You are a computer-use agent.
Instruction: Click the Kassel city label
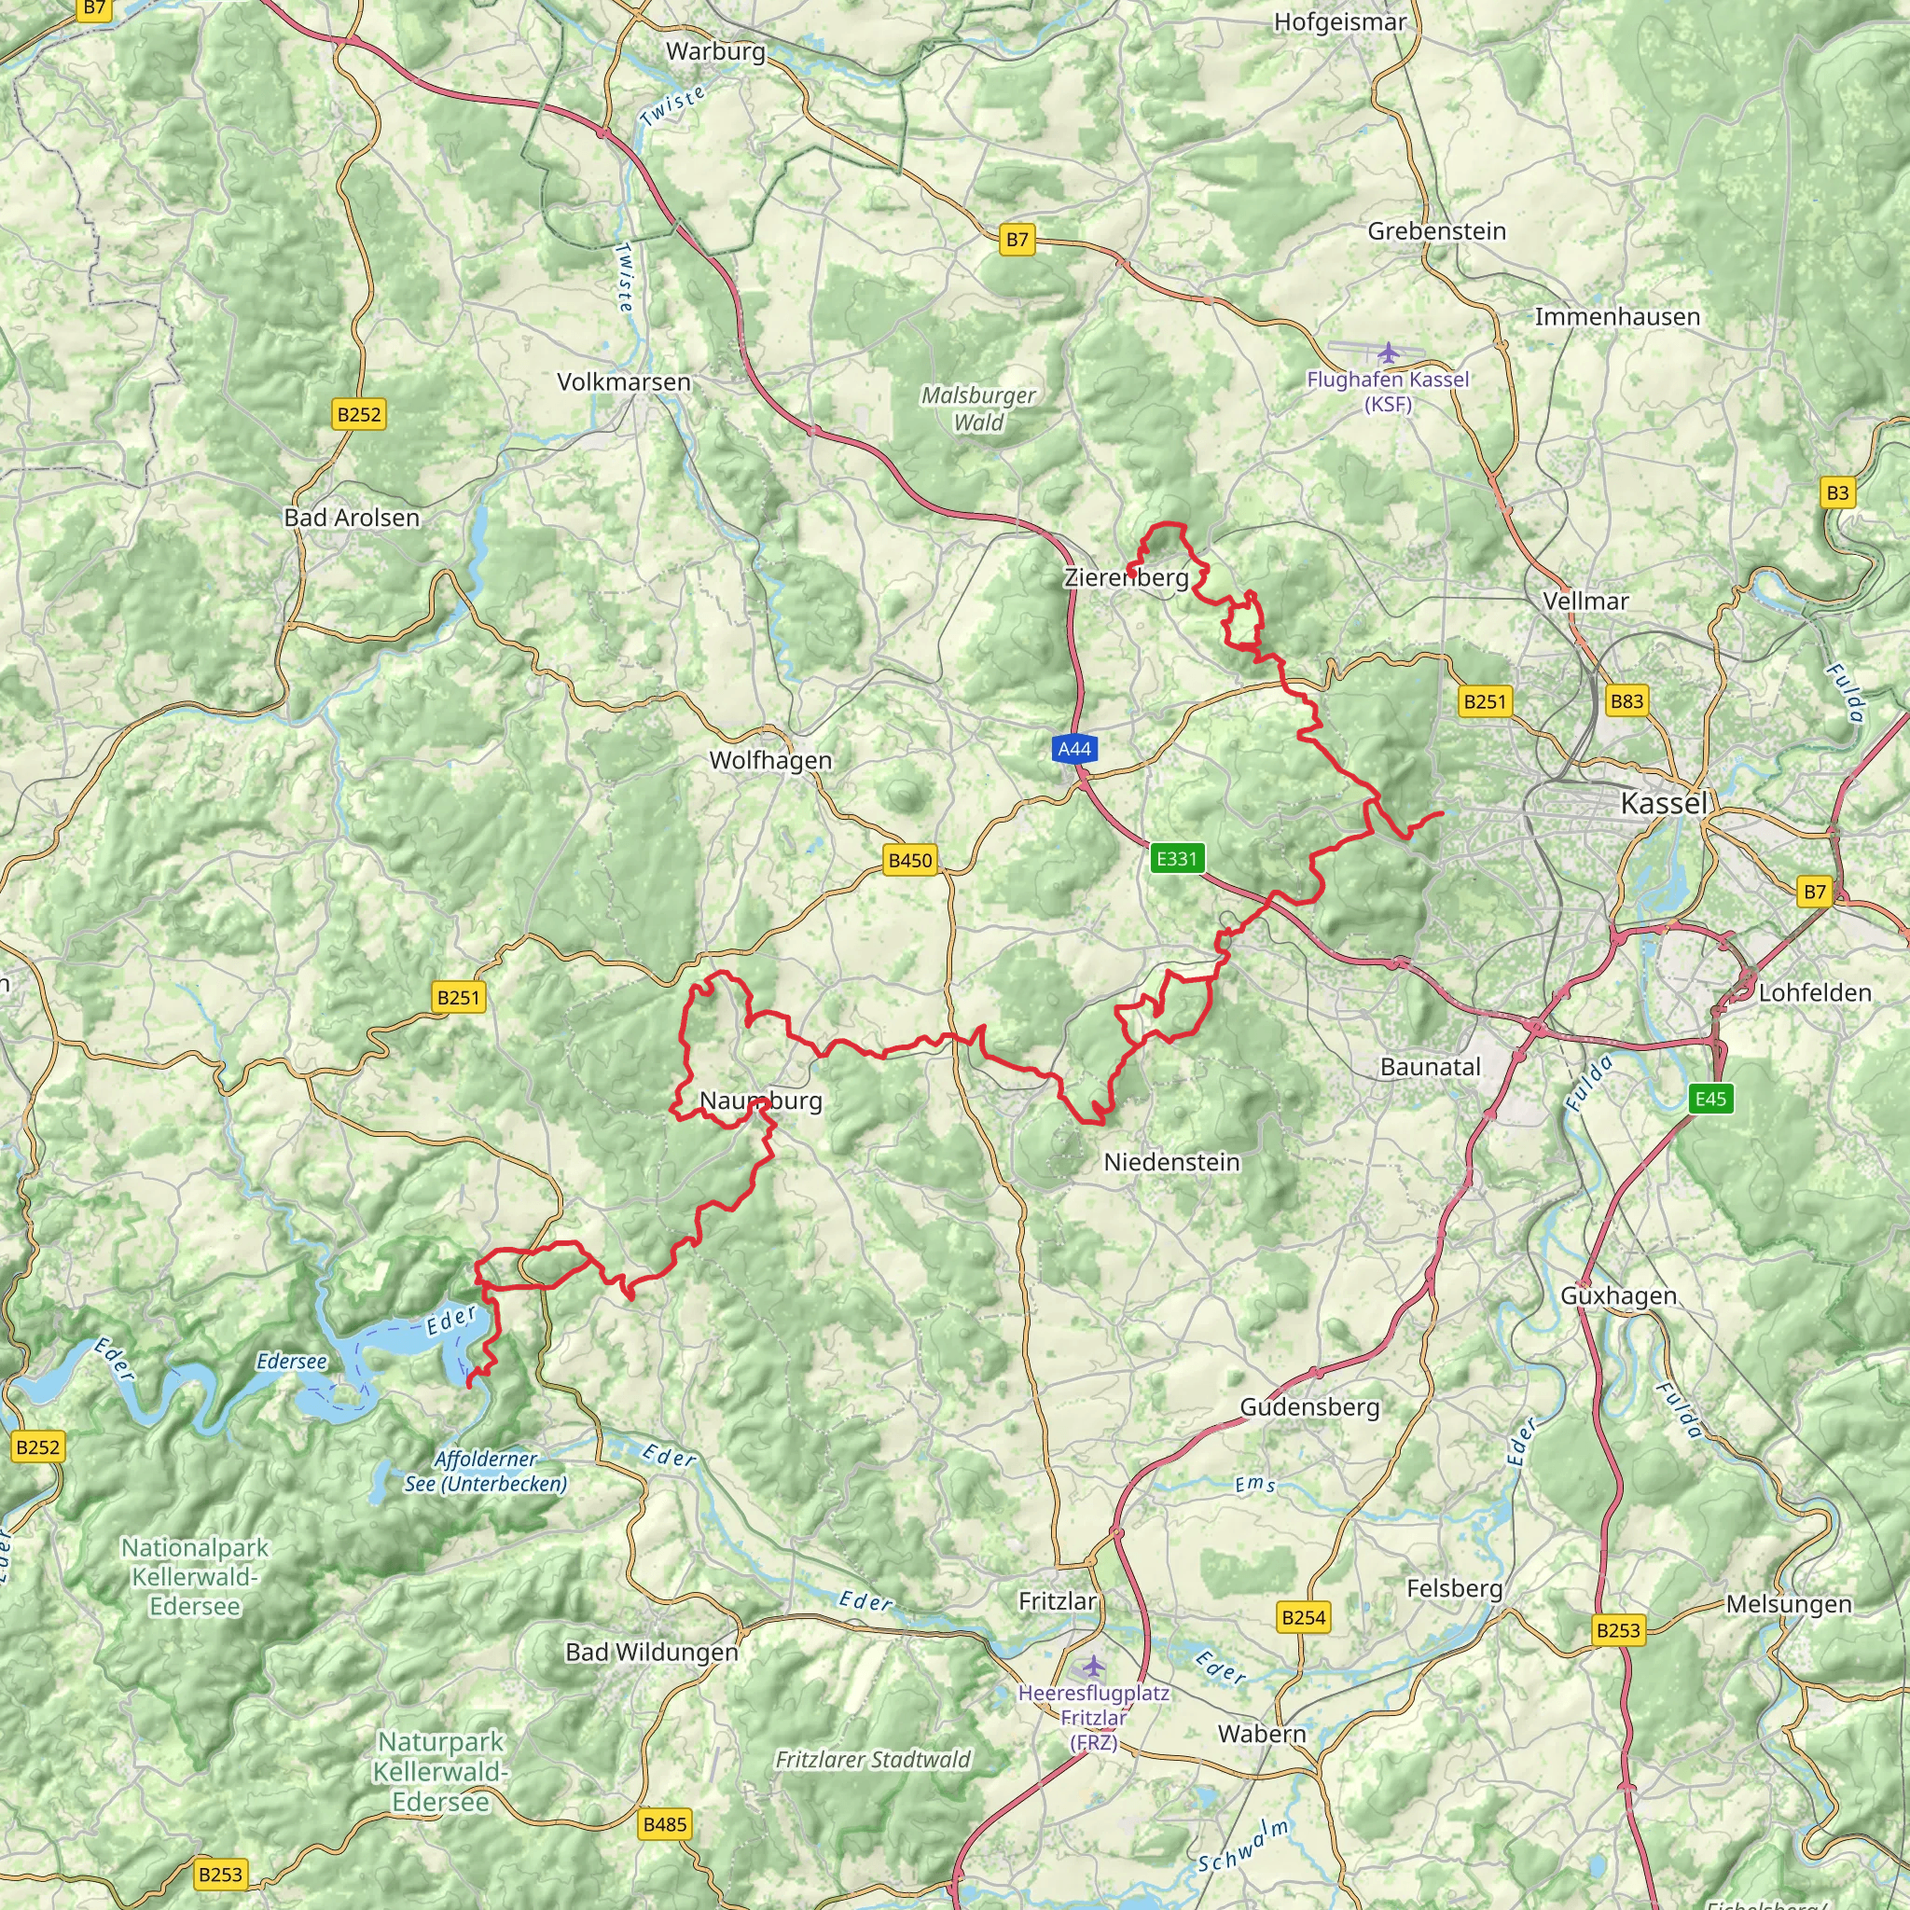coord(1664,804)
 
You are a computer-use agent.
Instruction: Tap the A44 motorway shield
coord(1073,748)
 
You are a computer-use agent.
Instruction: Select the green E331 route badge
coord(1176,858)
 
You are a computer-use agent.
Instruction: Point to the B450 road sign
coord(909,860)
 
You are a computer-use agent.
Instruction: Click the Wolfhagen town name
coord(770,760)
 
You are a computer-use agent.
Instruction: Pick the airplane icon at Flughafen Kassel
coord(1389,353)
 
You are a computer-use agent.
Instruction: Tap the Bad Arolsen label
coord(351,518)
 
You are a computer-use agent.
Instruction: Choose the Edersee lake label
coord(291,1362)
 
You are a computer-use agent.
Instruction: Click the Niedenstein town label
coord(1170,1162)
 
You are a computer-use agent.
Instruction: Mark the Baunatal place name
coord(1430,1067)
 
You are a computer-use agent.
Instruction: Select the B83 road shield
coord(1626,701)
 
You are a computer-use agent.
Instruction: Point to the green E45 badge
coord(1710,1099)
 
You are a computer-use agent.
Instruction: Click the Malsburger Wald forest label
coord(977,408)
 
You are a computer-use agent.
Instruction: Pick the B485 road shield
coord(663,1824)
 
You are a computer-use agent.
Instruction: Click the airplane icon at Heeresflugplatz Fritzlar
coord(1092,1667)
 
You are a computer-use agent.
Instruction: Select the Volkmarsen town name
coord(623,381)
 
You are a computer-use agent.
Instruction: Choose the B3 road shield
coord(1837,492)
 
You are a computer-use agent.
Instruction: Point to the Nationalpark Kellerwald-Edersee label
coord(195,1577)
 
